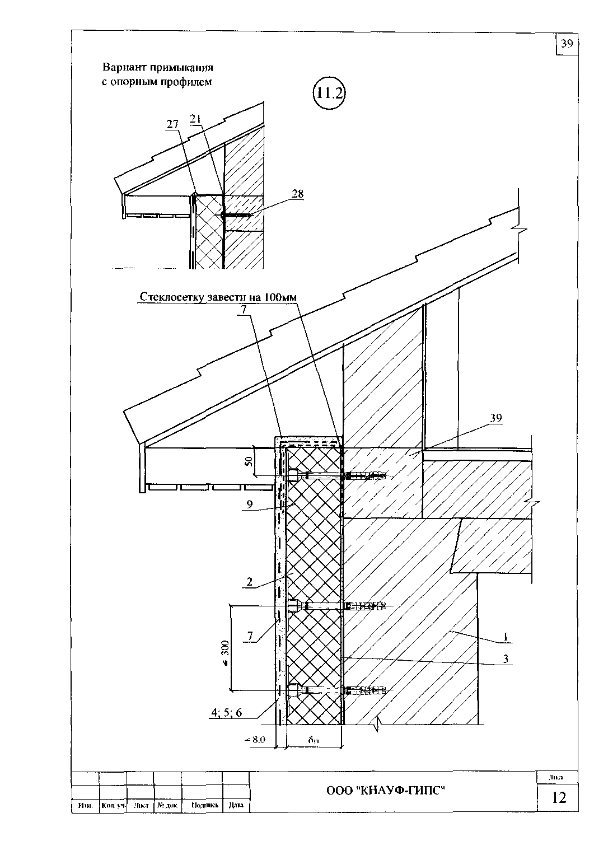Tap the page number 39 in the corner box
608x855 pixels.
coord(567,44)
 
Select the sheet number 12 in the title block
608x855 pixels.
coord(559,797)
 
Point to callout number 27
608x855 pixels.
coord(171,126)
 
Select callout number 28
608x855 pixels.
coord(297,194)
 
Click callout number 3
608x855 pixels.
coord(505,659)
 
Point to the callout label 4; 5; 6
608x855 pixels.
coord(226,712)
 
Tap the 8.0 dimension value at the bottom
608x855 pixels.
coord(257,740)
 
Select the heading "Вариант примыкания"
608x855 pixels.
coord(158,68)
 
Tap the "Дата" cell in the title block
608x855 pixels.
coord(236,806)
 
